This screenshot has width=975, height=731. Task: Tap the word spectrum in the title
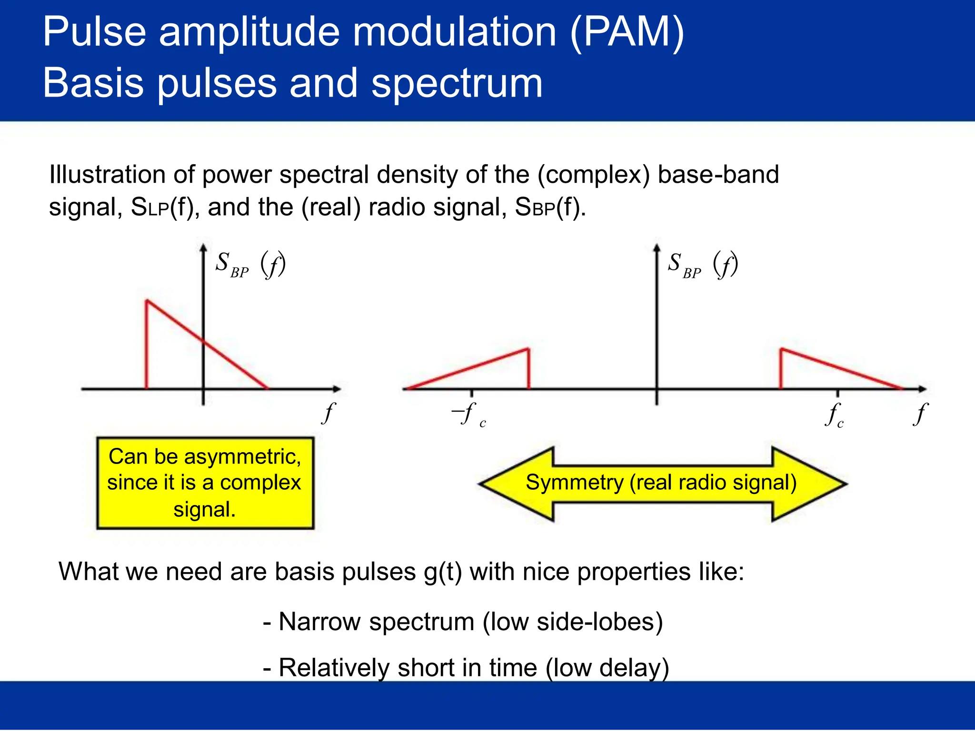coord(457,83)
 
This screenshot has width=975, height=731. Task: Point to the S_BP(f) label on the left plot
coord(250,265)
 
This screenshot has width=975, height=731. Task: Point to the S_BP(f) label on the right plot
coord(703,265)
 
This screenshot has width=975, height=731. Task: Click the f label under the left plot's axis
coord(328,413)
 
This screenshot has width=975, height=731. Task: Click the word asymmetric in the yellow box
coord(242,456)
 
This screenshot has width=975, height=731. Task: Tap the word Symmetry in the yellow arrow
coord(574,483)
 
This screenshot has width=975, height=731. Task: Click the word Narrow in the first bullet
coord(319,622)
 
